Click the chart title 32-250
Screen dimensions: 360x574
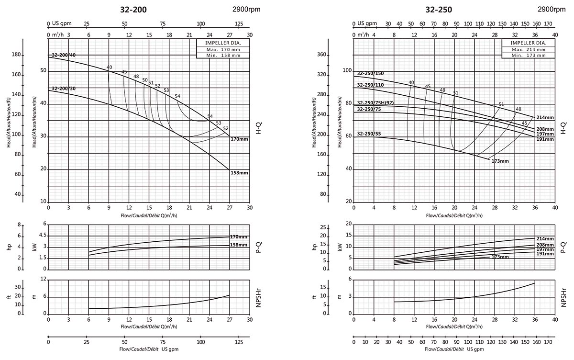tap(439, 10)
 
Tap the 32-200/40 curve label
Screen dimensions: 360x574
tap(64, 55)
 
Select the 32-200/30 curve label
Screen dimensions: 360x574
tap(64, 89)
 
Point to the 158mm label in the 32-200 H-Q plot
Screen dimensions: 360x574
tap(239, 173)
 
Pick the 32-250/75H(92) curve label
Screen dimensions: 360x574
tap(375, 103)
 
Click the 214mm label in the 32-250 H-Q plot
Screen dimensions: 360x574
tap(545, 117)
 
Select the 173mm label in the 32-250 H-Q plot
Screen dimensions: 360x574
tap(500, 161)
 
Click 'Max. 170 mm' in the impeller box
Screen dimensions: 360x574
tap(223, 49)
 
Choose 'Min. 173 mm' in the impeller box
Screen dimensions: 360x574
tap(528, 56)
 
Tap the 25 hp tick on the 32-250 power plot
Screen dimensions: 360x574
tap(324, 227)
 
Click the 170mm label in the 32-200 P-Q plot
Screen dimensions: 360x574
tap(239, 237)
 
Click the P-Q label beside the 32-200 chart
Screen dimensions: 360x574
tap(258, 247)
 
